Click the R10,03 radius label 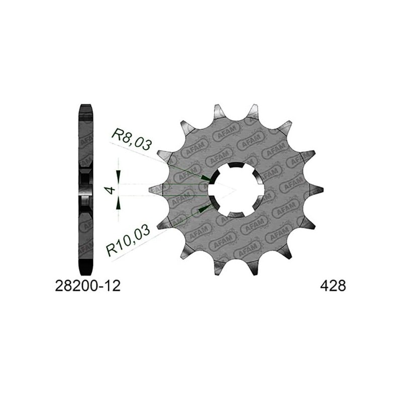(x=128, y=240)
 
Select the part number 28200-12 (x=87, y=285)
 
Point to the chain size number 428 (x=333, y=285)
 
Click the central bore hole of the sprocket (x=236, y=190)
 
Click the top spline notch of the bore (x=236, y=165)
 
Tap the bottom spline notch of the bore (x=236, y=215)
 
